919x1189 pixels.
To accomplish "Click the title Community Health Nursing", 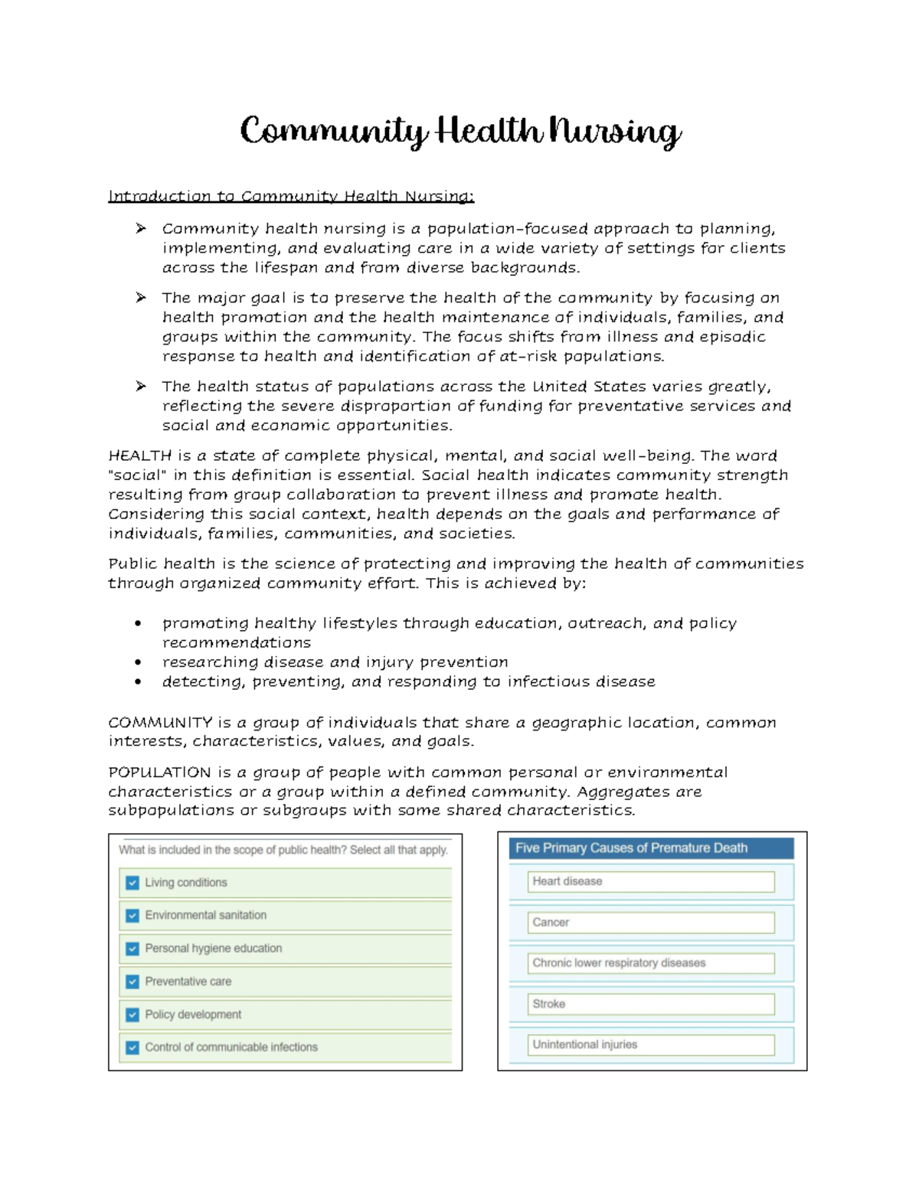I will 459,132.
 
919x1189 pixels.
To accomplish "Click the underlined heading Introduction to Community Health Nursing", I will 291,196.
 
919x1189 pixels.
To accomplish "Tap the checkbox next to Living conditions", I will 132,883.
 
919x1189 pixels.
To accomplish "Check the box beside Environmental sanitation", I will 132,916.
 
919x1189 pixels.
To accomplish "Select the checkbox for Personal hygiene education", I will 132,949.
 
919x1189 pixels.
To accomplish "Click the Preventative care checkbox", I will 132,982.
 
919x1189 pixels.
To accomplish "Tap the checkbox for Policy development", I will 132,1014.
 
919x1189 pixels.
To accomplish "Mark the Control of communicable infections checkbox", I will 132,1047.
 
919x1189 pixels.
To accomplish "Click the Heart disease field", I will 651,881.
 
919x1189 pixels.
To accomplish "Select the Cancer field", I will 651,923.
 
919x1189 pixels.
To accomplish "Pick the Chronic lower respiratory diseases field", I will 651,963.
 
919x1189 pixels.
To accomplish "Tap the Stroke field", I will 651,1004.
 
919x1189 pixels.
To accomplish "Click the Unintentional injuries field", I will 651,1044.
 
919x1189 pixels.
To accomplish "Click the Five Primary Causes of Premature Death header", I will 651,848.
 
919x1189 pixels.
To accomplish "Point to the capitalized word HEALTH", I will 140,456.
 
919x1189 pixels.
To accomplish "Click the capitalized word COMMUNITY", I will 160,723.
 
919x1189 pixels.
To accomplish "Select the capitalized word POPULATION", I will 159,773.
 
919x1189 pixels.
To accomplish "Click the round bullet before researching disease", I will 138,662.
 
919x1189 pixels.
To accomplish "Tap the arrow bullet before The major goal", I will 141,298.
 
